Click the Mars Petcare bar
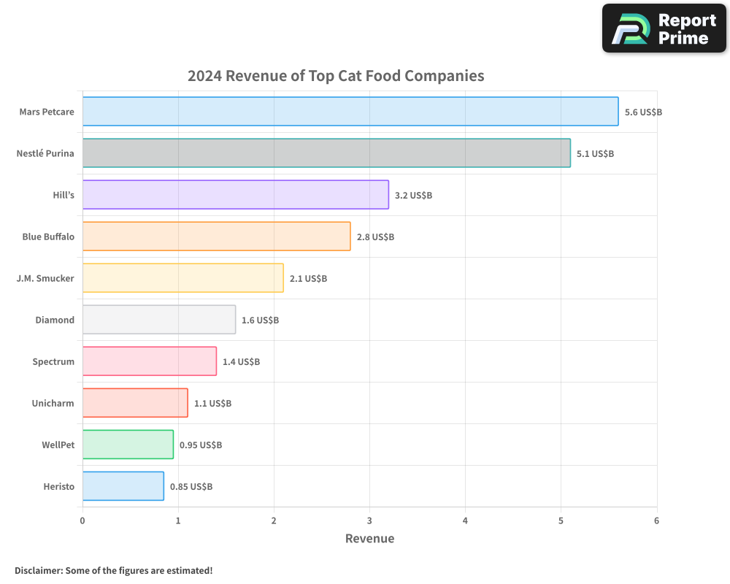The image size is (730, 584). pos(350,112)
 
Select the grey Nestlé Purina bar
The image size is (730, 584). pos(326,153)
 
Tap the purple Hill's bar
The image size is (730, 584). pos(235,195)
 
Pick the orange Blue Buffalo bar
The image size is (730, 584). pos(216,237)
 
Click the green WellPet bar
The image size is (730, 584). pos(128,445)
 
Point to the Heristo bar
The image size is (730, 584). pos(123,486)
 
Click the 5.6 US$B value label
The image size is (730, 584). pos(643,112)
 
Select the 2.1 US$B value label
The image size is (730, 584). pos(308,279)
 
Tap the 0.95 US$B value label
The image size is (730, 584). pos(201,445)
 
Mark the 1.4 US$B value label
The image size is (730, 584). pos(241,362)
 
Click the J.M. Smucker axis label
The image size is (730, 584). pos(45,278)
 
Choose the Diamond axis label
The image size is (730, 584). pos(55,320)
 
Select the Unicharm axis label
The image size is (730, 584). pos(53,403)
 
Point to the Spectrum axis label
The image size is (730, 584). pos(53,361)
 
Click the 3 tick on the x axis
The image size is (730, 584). pos(369,520)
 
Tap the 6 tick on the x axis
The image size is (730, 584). pos(656,520)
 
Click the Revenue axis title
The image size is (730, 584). pos(369,539)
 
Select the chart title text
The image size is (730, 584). pos(336,76)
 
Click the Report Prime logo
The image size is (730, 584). pos(664,28)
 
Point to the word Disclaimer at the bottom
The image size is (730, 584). pos(38,570)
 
